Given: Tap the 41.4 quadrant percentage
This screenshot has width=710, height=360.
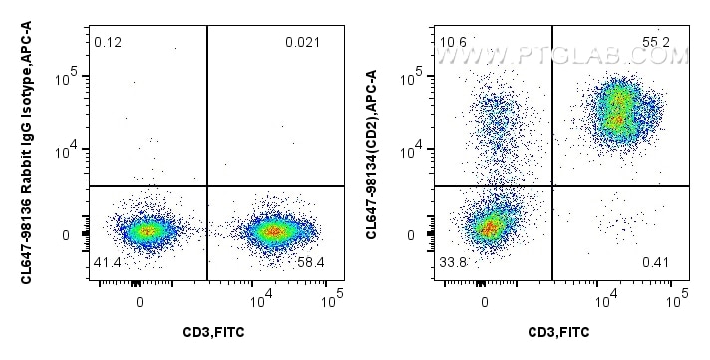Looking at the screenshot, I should (107, 261).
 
